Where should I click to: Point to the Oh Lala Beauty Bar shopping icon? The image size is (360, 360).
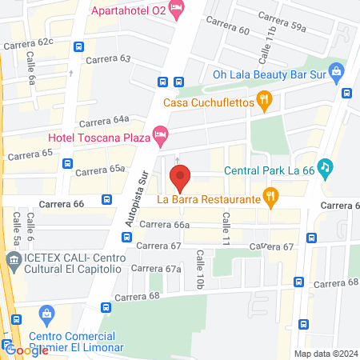coord(336,74)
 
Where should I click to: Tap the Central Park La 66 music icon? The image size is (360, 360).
coord(325,168)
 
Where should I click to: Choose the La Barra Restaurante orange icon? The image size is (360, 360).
coord(271,196)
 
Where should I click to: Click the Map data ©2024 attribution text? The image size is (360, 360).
coord(325,353)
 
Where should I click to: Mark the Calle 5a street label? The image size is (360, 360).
coord(16,228)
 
